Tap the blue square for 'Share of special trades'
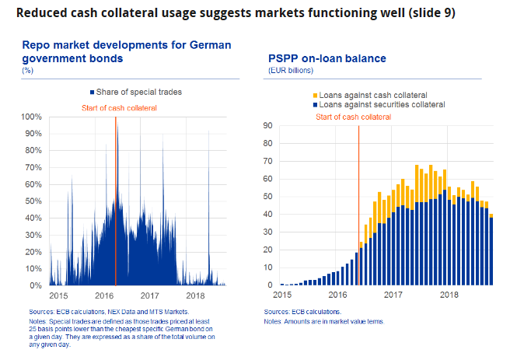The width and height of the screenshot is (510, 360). pyautogui.click(x=93, y=92)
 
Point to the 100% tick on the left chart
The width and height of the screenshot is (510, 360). pyautogui.click(x=31, y=117)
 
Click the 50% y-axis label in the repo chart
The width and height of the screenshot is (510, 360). pyautogui.click(x=33, y=201)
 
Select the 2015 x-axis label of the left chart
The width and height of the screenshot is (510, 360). pyautogui.click(x=59, y=296)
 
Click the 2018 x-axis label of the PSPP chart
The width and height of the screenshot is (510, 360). pyautogui.click(x=449, y=295)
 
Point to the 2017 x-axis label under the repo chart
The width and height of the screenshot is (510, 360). pyautogui.click(x=149, y=296)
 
